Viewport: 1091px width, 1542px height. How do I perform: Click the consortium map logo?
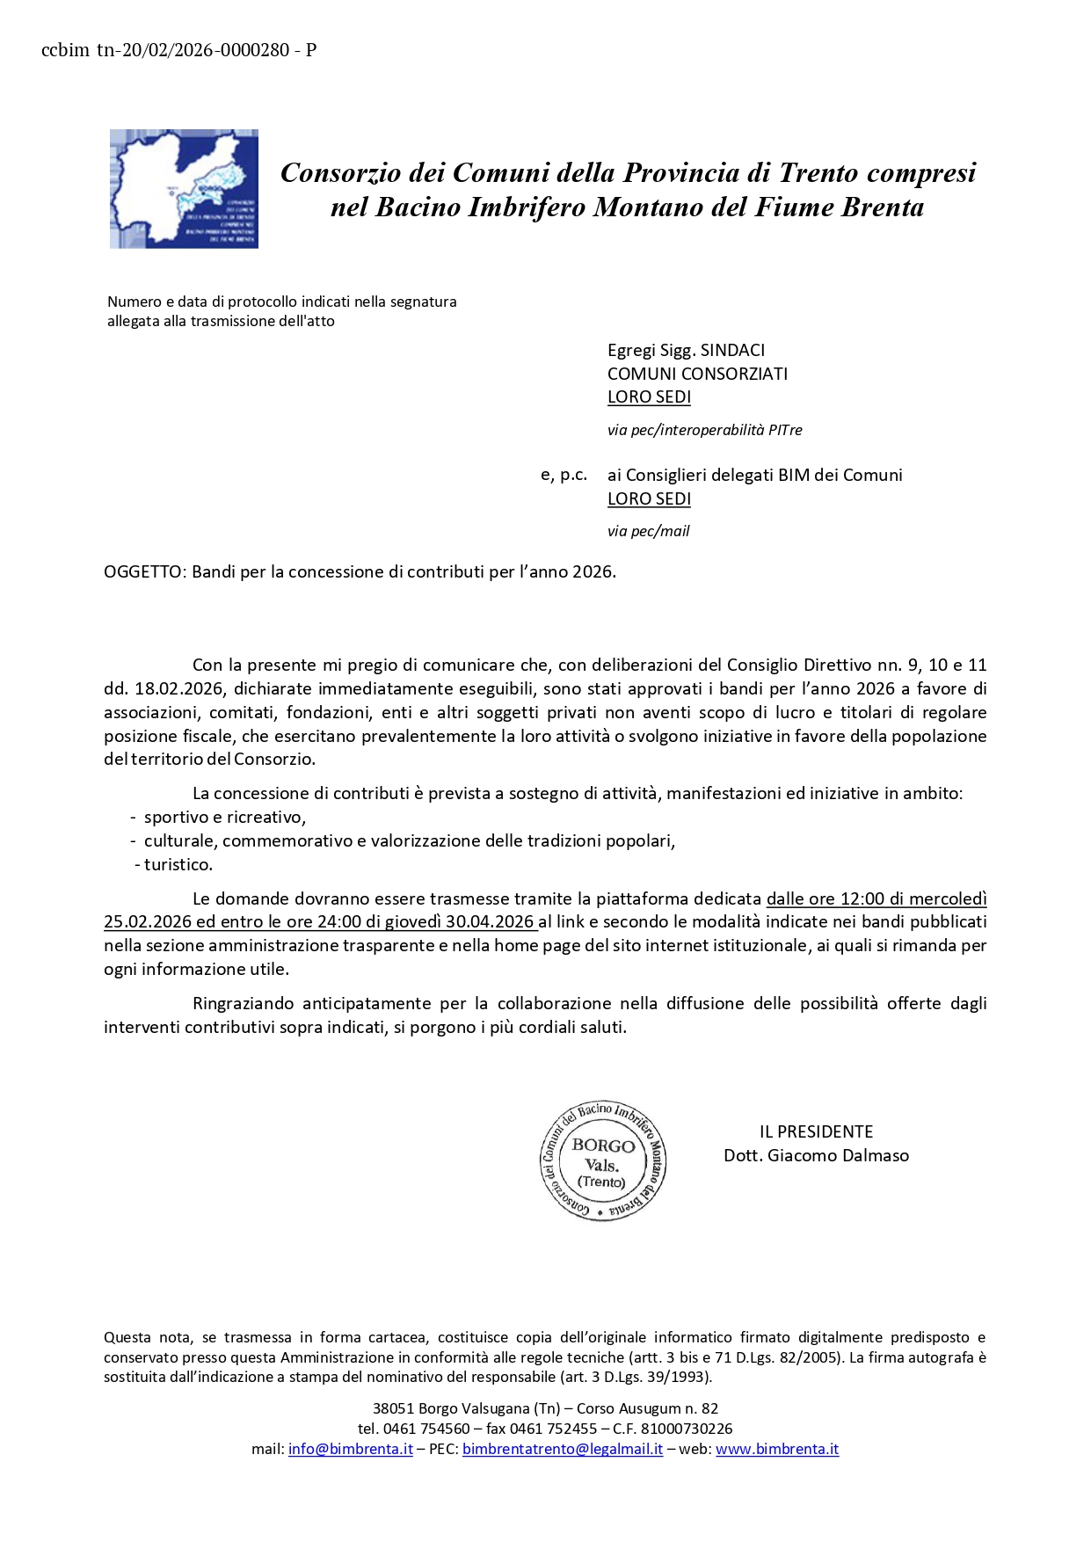coord(184,189)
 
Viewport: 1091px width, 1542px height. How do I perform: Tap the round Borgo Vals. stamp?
coord(603,1161)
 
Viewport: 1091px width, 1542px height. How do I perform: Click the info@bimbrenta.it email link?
coord(350,1449)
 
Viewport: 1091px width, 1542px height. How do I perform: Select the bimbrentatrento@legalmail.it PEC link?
coord(563,1449)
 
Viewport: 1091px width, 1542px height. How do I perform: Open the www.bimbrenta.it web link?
coord(777,1449)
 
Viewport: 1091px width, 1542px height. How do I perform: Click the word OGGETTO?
coord(143,571)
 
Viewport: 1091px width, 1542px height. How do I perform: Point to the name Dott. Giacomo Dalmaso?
coord(816,1155)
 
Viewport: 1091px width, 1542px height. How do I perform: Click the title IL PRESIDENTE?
coord(816,1131)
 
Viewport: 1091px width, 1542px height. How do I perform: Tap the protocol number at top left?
coord(178,50)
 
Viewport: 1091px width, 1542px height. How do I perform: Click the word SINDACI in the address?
coord(732,350)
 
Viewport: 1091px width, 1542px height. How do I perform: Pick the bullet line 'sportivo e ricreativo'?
coord(224,817)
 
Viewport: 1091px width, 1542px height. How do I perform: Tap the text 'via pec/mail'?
coord(648,531)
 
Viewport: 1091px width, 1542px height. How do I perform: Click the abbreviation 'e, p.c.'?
coord(564,475)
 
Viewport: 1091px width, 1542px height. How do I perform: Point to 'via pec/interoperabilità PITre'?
coord(704,430)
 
